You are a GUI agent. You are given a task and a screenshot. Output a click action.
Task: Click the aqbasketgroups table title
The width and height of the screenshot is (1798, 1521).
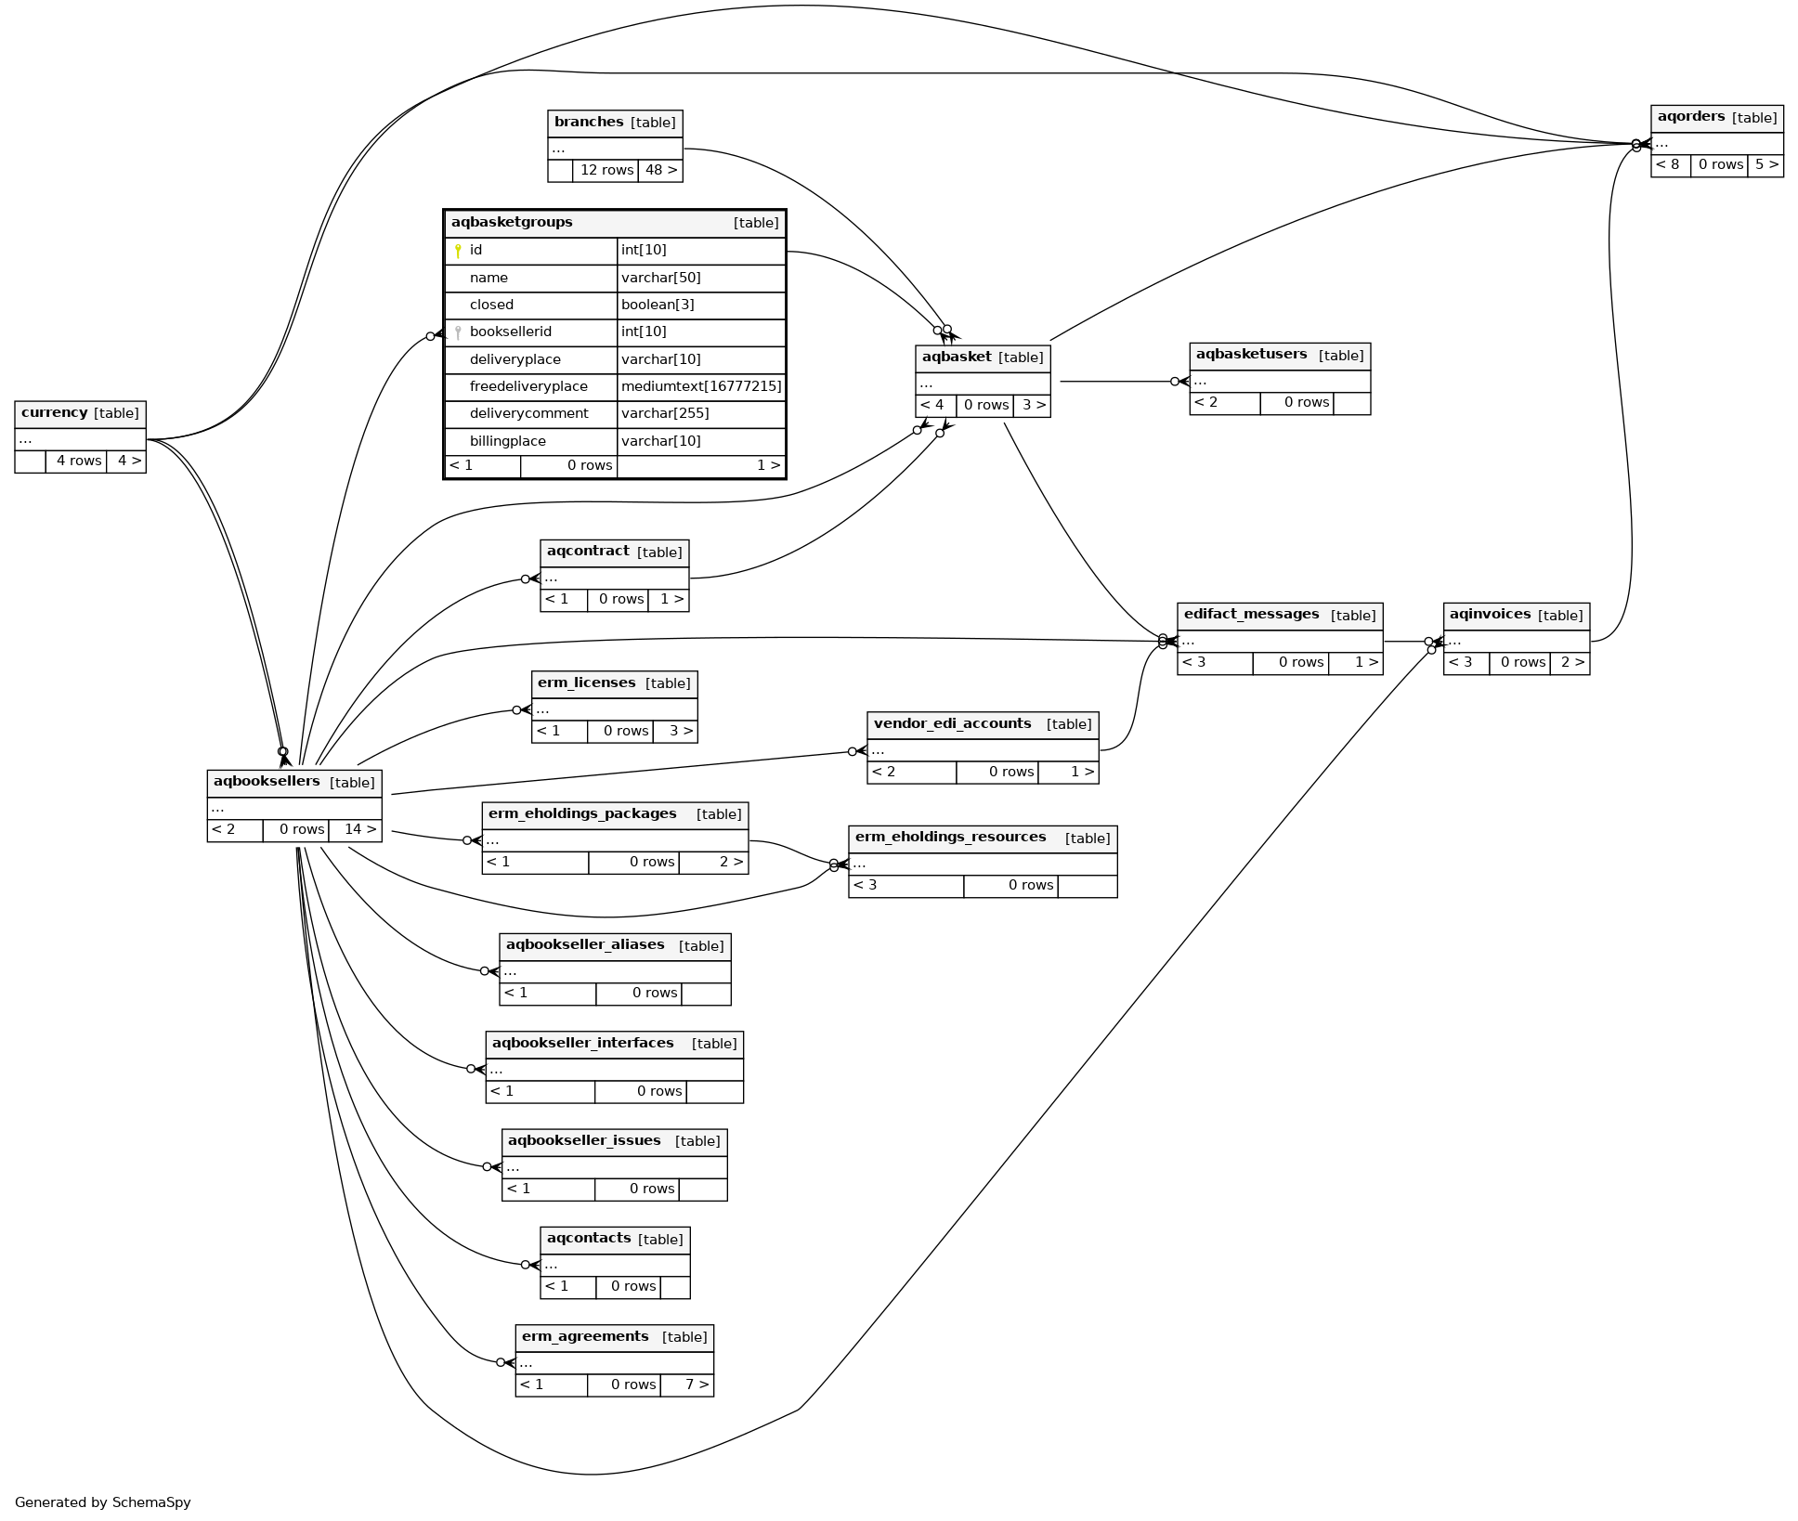[x=512, y=223]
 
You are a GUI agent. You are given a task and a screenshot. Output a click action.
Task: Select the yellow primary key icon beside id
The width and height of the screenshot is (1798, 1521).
[x=458, y=251]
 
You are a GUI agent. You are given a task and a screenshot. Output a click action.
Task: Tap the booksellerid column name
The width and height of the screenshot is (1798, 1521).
[x=511, y=332]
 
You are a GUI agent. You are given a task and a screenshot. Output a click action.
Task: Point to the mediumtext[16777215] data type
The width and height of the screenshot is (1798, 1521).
[x=701, y=386]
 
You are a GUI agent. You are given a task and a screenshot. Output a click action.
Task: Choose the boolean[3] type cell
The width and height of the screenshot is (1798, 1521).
[x=658, y=305]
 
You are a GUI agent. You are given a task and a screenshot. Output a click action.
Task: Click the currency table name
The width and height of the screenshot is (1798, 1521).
[x=55, y=413]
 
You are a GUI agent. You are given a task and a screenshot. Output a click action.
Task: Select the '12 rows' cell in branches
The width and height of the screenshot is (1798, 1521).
[x=606, y=171]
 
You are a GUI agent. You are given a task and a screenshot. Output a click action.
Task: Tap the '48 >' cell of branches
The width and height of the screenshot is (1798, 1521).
[x=660, y=171]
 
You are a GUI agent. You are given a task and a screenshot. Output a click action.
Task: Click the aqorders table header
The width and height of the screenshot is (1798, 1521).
[x=1716, y=118]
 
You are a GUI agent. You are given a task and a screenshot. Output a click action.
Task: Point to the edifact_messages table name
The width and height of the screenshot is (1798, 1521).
[x=1251, y=615]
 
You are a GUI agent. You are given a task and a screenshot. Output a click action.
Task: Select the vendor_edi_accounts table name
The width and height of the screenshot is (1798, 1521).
[x=952, y=724]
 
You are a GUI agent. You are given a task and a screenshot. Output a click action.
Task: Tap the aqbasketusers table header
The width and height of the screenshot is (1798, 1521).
[x=1279, y=356]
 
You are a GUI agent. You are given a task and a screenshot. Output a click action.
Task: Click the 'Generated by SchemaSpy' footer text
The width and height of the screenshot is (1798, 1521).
[x=102, y=1502]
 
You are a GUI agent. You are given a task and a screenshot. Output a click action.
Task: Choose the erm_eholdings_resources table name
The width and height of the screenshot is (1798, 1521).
[x=950, y=838]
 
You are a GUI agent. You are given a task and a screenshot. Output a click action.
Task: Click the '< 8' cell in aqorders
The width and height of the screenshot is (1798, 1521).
[x=1670, y=165]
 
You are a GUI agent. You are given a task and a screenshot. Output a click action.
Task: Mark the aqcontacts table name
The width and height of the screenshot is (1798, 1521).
[x=588, y=1239]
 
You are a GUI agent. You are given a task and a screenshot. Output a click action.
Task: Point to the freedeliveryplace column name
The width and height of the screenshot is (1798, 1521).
[x=528, y=386]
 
